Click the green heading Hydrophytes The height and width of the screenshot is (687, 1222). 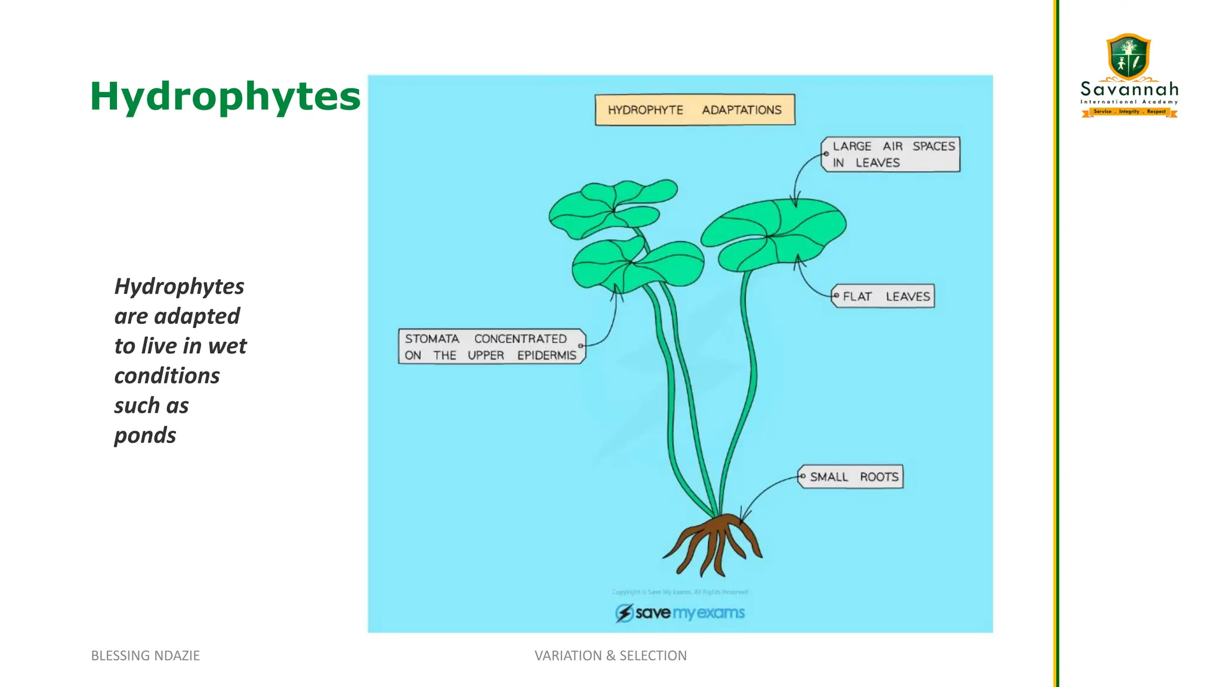[225, 97]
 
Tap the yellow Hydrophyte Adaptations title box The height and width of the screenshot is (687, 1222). [695, 110]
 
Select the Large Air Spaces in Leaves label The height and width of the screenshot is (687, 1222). [891, 154]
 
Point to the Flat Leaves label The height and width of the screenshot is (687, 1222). [884, 296]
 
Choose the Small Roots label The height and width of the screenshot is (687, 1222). [852, 477]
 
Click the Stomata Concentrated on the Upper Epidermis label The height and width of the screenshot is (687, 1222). [491, 346]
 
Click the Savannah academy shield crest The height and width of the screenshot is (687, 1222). [1128, 57]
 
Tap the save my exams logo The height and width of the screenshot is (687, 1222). [681, 612]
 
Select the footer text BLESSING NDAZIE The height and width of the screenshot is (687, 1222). [145, 655]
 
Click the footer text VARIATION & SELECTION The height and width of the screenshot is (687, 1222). [610, 655]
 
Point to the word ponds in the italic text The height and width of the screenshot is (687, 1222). [145, 436]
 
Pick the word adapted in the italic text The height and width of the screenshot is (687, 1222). [197, 316]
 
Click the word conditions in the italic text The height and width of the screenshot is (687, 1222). [167, 376]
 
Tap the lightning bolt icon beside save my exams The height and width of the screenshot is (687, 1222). [624, 612]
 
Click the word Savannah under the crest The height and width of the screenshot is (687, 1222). [1129, 89]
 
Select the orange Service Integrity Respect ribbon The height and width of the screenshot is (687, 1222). [1129, 112]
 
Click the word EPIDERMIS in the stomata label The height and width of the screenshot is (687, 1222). [547, 355]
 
